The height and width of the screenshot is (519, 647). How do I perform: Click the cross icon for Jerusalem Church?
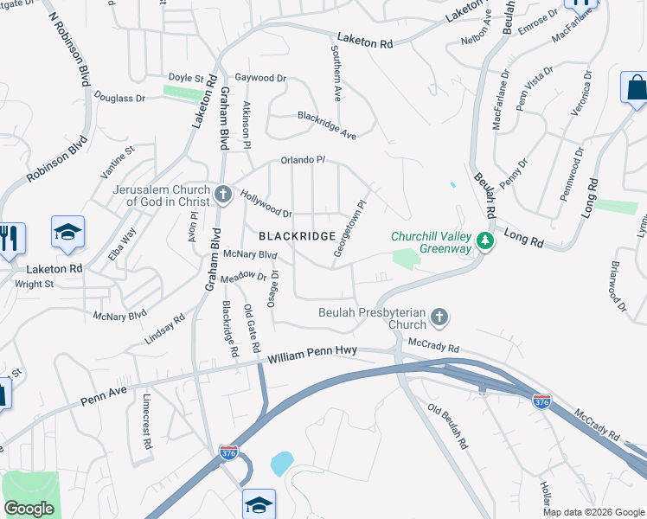coord(222,194)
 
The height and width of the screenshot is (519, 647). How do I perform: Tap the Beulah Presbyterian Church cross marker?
coord(439,317)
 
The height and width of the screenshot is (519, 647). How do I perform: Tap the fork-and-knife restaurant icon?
coord(10,239)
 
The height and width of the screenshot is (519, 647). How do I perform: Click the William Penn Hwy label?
coord(312,356)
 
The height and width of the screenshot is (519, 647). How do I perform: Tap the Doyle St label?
coord(186,78)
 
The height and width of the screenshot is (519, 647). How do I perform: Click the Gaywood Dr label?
coord(254,78)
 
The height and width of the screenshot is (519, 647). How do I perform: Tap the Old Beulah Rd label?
coord(447,426)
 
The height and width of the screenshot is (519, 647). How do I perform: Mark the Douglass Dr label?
coord(119,98)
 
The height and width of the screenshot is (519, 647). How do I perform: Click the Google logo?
coord(29,509)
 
